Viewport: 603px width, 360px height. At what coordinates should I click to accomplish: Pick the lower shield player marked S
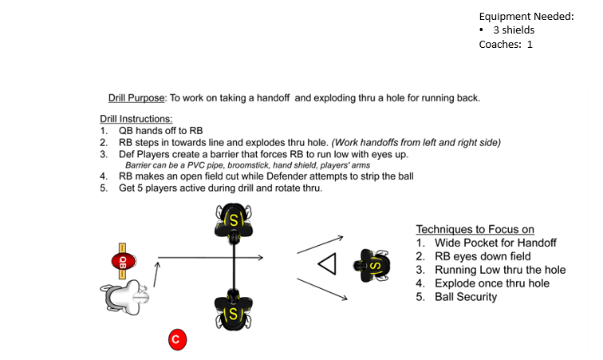233,311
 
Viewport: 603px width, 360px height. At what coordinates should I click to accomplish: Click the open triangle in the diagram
327,264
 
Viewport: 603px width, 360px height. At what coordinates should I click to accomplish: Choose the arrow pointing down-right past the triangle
321,288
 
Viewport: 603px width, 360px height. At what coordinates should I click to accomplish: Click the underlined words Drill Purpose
136,98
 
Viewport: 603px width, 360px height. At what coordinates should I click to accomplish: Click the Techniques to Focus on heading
475,227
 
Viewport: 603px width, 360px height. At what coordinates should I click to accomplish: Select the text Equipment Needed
526,16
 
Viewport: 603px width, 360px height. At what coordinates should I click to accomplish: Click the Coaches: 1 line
505,45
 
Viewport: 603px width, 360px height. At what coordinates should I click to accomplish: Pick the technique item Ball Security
465,297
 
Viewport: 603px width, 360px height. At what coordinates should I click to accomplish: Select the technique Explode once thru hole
492,283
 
